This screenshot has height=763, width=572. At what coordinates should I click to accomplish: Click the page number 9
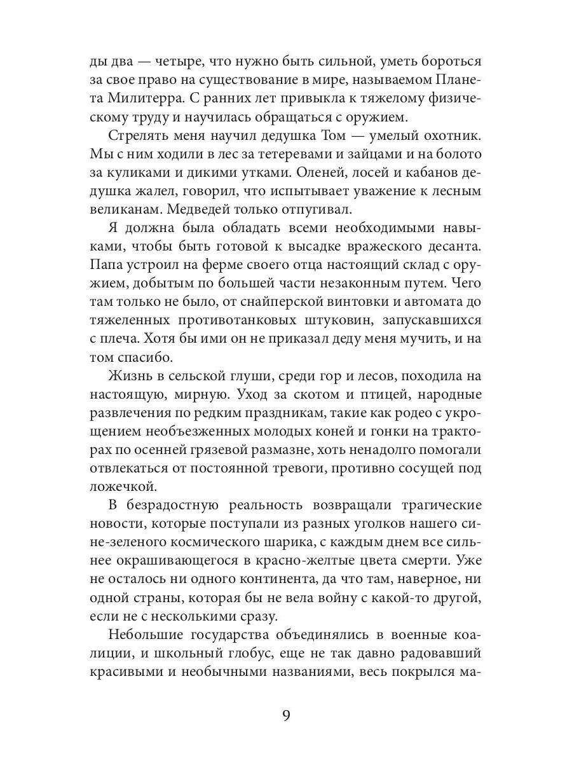click(x=286, y=717)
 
